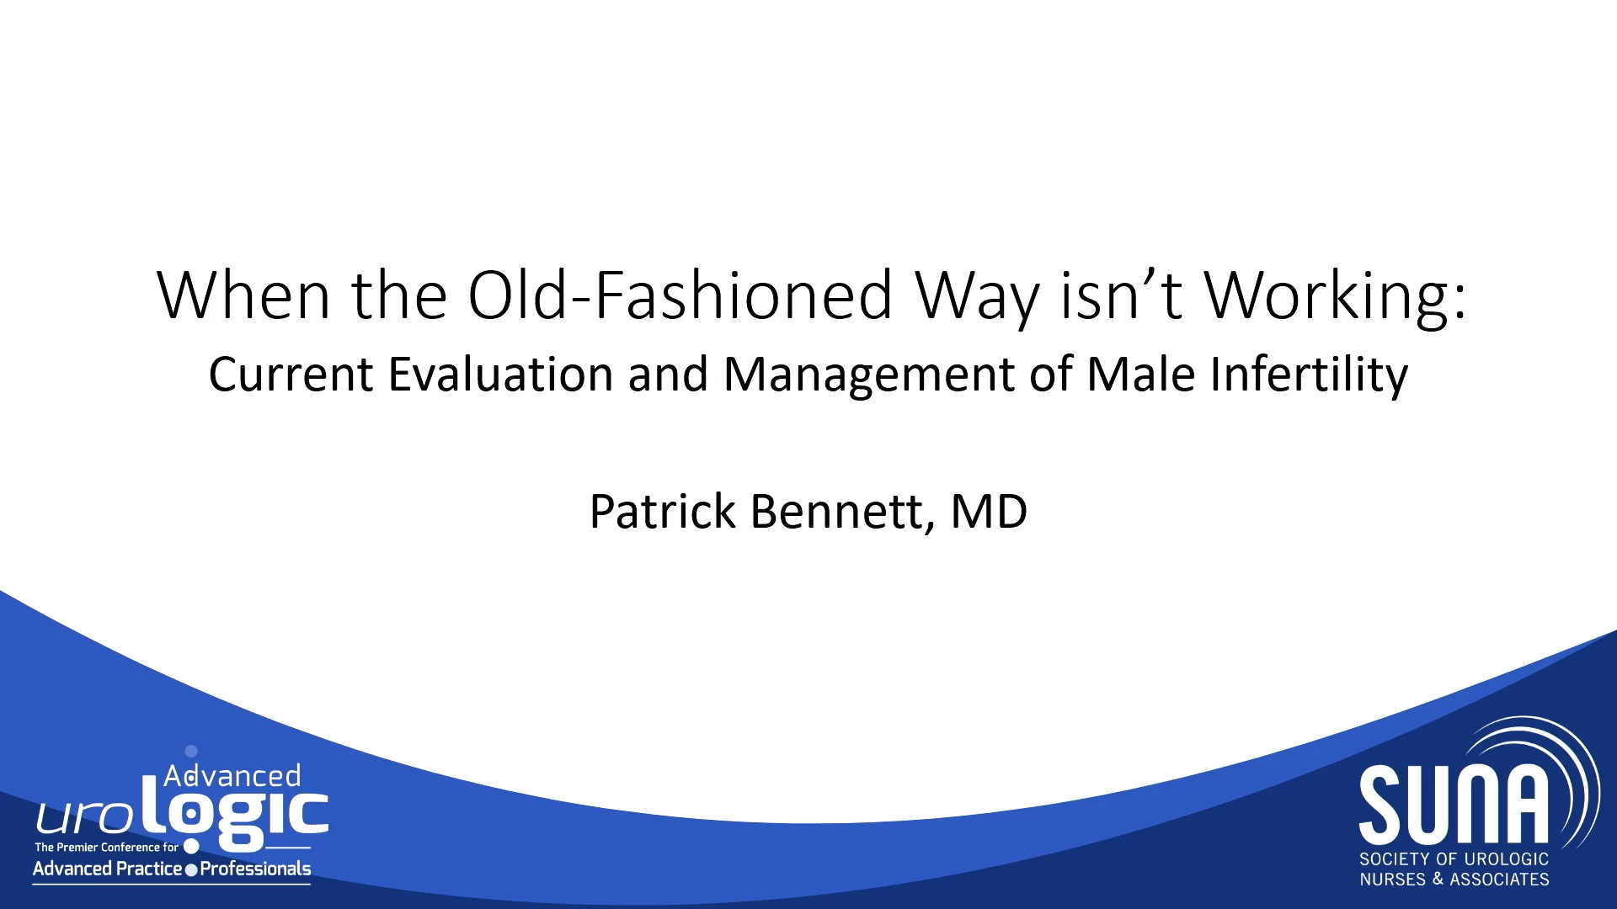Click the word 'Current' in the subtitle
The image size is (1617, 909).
[x=291, y=374]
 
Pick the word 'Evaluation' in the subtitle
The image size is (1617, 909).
[x=500, y=374]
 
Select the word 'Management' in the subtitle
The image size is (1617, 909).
[x=869, y=375]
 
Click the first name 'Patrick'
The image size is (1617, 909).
[x=663, y=511]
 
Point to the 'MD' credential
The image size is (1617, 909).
[x=989, y=511]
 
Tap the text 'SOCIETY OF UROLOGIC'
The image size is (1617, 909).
[x=1454, y=859]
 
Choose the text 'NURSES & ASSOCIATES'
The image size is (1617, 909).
[x=1454, y=880]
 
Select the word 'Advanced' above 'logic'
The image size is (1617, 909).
[x=232, y=775]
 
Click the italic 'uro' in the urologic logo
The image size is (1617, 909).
[x=84, y=817]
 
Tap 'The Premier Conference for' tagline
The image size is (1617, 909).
[x=107, y=848]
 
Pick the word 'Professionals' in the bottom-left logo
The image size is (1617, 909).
[x=255, y=869]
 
